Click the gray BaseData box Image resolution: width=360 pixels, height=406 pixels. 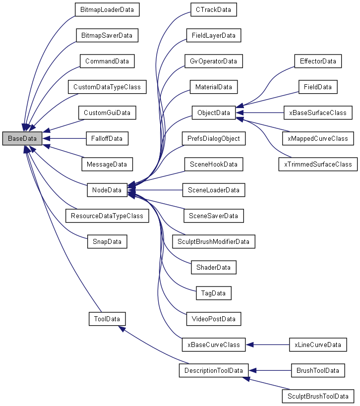pyautogui.click(x=22, y=139)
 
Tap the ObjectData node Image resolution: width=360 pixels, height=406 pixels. pyautogui.click(x=213, y=113)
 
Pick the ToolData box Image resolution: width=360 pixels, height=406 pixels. pyautogui.click(x=107, y=318)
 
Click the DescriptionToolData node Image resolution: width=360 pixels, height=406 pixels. pyautogui.click(x=213, y=370)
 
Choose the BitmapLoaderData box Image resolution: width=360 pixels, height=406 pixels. pyautogui.click(x=107, y=9)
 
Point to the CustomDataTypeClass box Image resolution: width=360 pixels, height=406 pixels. pyautogui.click(x=107, y=87)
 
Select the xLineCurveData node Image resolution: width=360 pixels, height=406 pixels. pyautogui.click(x=317, y=345)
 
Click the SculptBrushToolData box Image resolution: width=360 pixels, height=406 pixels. pyautogui.click(x=318, y=396)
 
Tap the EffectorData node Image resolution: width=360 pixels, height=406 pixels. pyautogui.click(x=318, y=61)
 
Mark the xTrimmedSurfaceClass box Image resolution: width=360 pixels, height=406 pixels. pyautogui.click(x=318, y=164)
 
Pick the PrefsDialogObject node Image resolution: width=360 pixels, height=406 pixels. pyautogui.click(x=213, y=139)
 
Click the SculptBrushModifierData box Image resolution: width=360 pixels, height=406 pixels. pyautogui.click(x=213, y=241)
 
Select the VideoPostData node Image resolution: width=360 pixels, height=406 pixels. pyautogui.click(x=213, y=318)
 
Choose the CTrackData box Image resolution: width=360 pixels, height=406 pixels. pyautogui.click(x=213, y=9)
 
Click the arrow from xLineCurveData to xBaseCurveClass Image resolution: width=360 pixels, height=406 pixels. pyautogui.click(x=268, y=345)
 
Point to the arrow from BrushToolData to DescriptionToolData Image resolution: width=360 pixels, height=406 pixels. pyautogui.click(x=270, y=370)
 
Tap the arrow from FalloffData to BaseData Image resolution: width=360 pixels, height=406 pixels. pyautogui.click(x=64, y=139)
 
